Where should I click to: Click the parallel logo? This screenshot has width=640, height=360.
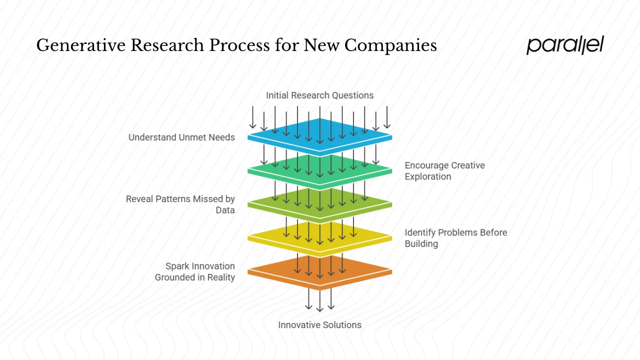coord(565,45)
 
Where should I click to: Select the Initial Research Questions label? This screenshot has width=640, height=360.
coord(319,95)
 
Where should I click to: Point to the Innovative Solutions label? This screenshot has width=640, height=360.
coord(319,325)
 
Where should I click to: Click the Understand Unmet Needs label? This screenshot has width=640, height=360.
coord(181,137)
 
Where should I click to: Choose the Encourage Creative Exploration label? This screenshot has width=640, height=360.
coord(444,171)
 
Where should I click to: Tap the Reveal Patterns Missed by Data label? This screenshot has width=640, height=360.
coord(180,204)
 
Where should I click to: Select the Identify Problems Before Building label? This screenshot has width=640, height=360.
coord(455,238)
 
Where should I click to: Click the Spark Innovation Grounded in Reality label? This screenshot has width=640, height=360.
coord(195,271)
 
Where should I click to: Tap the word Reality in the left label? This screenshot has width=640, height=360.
coord(219,277)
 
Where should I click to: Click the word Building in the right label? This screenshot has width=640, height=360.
coord(421,244)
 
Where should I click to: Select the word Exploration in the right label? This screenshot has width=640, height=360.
coord(428,176)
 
